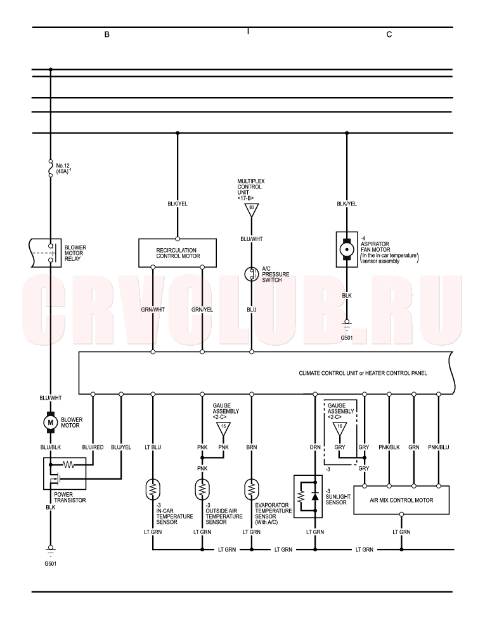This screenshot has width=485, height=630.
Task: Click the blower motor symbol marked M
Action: pyautogui.click(x=51, y=423)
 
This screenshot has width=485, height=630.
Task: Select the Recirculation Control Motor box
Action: pyautogui.click(x=178, y=253)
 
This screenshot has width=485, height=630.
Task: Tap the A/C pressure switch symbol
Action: pyautogui.click(x=252, y=274)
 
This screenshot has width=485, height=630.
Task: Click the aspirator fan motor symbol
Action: pyautogui.click(x=347, y=249)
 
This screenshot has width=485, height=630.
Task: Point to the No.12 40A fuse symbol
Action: pyautogui.click(x=51, y=168)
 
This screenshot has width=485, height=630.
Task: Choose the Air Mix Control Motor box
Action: pyautogui.click(x=401, y=500)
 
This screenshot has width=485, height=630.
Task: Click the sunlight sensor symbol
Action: pyautogui.click(x=308, y=497)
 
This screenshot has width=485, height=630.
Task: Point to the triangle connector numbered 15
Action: pyautogui.click(x=224, y=428)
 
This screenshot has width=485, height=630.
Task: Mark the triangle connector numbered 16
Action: pyautogui.click(x=340, y=428)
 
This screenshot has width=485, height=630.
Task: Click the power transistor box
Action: pyautogui.click(x=64, y=473)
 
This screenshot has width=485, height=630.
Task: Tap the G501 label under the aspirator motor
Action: pyautogui.click(x=347, y=338)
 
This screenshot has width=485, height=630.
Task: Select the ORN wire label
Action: pyautogui.click(x=315, y=447)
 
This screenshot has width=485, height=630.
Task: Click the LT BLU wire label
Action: pyautogui.click(x=153, y=447)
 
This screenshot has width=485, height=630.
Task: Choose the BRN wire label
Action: pyautogui.click(x=252, y=447)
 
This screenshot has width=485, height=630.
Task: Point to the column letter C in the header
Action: pyautogui.click(x=389, y=34)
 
